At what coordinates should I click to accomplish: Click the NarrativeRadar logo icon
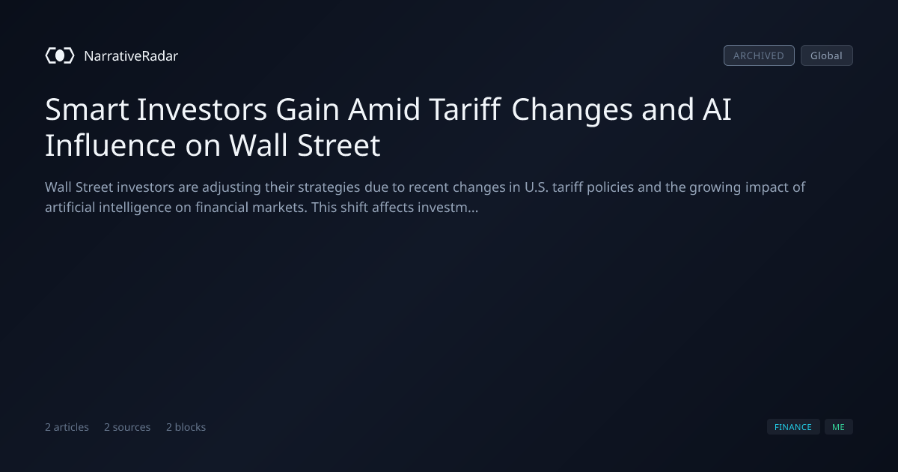(60, 55)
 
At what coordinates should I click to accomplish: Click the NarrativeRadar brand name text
(131, 56)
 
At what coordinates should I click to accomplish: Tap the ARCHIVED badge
(759, 55)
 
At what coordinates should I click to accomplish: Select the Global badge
(827, 55)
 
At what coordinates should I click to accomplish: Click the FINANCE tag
(793, 426)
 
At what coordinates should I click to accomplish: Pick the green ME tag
(838, 426)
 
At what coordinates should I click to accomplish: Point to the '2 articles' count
(67, 427)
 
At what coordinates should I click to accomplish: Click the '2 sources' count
(127, 427)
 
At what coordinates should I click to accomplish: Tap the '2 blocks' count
(186, 427)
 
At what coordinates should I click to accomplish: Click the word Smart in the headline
(87, 109)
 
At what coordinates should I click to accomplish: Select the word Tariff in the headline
(465, 109)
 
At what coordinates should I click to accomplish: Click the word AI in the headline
(717, 109)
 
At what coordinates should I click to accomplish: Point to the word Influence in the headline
(111, 145)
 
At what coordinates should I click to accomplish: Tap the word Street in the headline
(339, 145)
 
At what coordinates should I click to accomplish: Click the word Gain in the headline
(308, 109)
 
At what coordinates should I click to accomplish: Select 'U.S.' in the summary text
(537, 187)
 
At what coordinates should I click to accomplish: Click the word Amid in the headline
(384, 109)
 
